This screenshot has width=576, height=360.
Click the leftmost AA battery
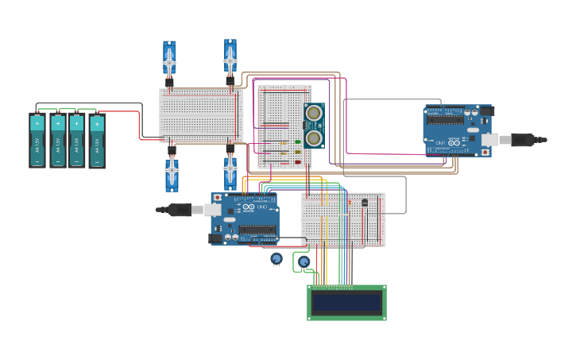tap(37, 140)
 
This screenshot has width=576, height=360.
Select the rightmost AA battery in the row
tap(97, 141)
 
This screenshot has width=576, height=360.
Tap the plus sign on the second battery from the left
tap(57, 123)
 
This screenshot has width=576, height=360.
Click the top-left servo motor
tap(169, 60)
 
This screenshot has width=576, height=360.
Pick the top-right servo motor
tap(230, 58)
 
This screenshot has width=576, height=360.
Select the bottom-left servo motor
tap(172, 173)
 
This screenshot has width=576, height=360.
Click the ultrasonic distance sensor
tap(314, 126)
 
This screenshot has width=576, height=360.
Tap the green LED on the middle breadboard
tap(298, 142)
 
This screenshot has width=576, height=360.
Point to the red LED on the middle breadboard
tap(298, 163)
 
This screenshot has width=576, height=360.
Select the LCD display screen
tap(346, 303)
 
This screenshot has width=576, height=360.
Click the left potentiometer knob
tap(276, 258)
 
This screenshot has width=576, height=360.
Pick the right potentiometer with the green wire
tap(303, 261)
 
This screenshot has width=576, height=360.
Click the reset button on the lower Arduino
tap(217, 198)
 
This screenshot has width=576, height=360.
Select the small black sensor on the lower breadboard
tap(365, 203)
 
